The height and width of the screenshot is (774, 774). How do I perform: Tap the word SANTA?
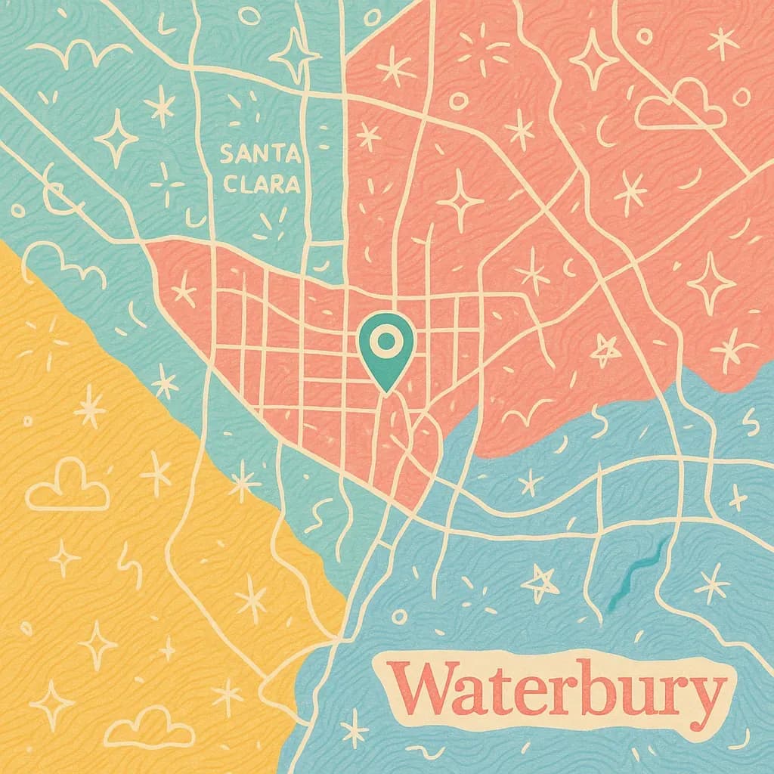point(259,155)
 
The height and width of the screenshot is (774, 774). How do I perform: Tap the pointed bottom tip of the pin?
point(386,391)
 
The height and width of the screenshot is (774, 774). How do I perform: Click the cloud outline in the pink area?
point(680,105)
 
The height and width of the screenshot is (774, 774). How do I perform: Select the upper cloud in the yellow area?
point(67,485)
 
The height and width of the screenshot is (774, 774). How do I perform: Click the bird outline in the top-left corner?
point(79,53)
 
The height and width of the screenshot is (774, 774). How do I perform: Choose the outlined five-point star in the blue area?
point(540,580)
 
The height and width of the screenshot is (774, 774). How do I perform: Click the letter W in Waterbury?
point(423,694)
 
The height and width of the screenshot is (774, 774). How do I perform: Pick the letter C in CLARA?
point(228,185)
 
